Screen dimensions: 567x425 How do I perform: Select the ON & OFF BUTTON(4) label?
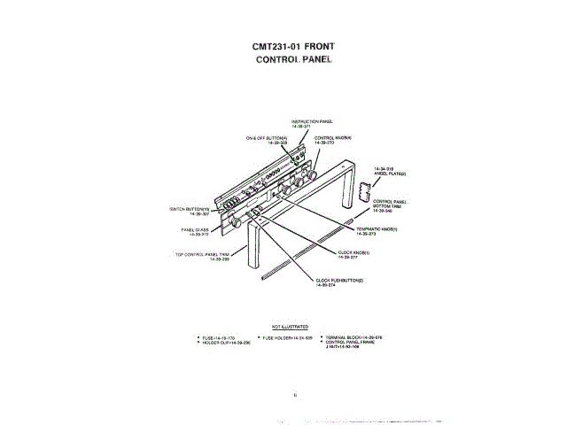(267, 140)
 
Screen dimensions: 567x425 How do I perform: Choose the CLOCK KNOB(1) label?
(353, 254)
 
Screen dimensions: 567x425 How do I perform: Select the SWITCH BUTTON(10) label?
(189, 211)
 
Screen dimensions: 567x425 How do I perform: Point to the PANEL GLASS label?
(196, 230)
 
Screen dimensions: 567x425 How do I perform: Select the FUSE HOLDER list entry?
(285, 337)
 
